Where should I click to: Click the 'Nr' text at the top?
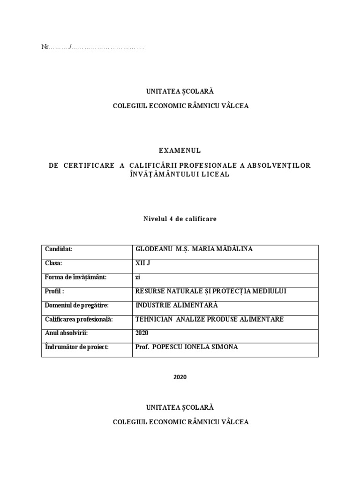[45, 47]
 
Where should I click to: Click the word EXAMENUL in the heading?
[180, 150]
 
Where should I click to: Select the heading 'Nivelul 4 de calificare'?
[180, 219]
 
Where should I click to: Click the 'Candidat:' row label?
[59, 249]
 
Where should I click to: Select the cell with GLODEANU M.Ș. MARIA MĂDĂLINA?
[194, 249]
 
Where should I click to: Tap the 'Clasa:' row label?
[53, 263]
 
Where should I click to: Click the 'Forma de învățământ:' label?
[76, 277]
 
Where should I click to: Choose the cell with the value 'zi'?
[138, 277]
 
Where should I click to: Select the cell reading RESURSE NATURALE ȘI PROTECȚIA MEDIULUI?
[210, 291]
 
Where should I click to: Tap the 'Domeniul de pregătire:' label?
[77, 305]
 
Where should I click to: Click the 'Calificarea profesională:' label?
[79, 319]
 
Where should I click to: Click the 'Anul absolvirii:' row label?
[67, 333]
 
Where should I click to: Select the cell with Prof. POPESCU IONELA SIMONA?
[186, 347]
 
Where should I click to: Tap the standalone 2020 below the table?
[180, 377]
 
